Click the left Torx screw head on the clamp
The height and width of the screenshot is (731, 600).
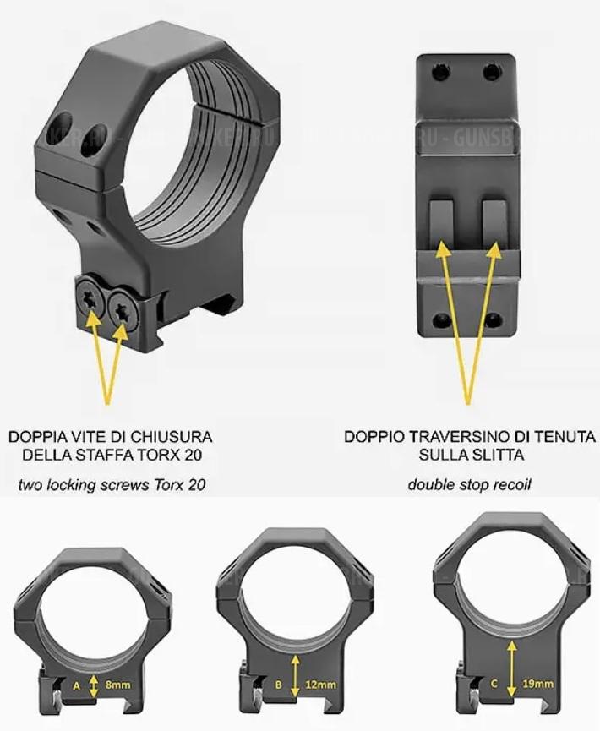[91, 298]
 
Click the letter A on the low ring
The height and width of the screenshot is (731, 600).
[76, 686]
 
